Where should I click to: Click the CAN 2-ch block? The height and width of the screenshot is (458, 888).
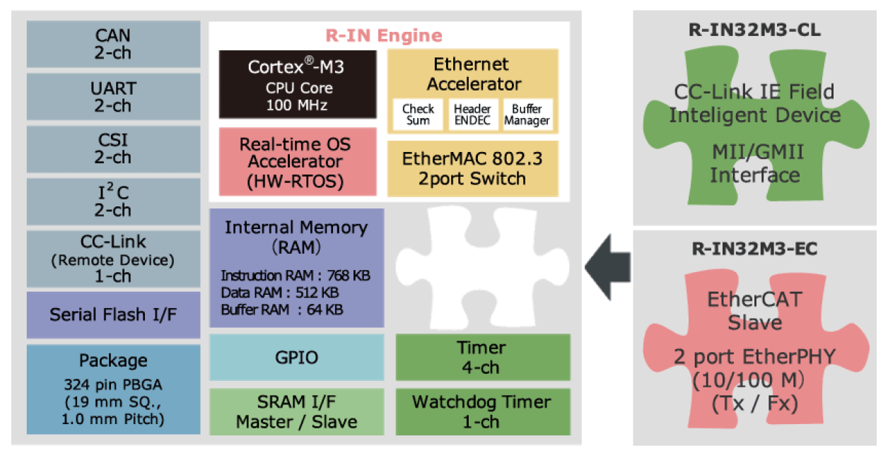pos(113,44)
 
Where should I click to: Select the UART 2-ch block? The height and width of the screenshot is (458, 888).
pos(113,97)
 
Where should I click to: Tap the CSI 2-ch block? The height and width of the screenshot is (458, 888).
pos(113,148)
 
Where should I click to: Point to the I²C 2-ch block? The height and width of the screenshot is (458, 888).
pos(113,201)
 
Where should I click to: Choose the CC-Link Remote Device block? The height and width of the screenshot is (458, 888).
pos(113,258)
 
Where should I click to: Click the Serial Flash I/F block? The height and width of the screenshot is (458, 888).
pos(113,315)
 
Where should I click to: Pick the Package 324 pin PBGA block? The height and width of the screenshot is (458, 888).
pos(113,389)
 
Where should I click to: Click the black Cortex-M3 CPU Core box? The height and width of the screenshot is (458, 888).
pos(296,84)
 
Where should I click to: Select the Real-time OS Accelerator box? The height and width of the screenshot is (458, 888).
pos(296,162)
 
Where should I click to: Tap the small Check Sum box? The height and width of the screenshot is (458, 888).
pos(418,114)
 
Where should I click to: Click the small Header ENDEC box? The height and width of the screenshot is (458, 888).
pos(472,114)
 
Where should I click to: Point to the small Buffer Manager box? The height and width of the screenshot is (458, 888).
pos(527,114)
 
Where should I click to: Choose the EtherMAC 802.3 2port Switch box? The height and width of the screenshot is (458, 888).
pos(473,168)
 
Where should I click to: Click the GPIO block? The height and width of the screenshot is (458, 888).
pos(296,358)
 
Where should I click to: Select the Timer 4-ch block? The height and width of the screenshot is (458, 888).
pos(482,358)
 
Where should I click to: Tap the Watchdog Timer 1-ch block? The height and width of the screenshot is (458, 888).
pos(482,411)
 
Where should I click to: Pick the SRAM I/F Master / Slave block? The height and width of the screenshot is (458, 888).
pos(296,411)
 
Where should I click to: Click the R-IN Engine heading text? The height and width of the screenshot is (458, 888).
pos(383,35)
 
